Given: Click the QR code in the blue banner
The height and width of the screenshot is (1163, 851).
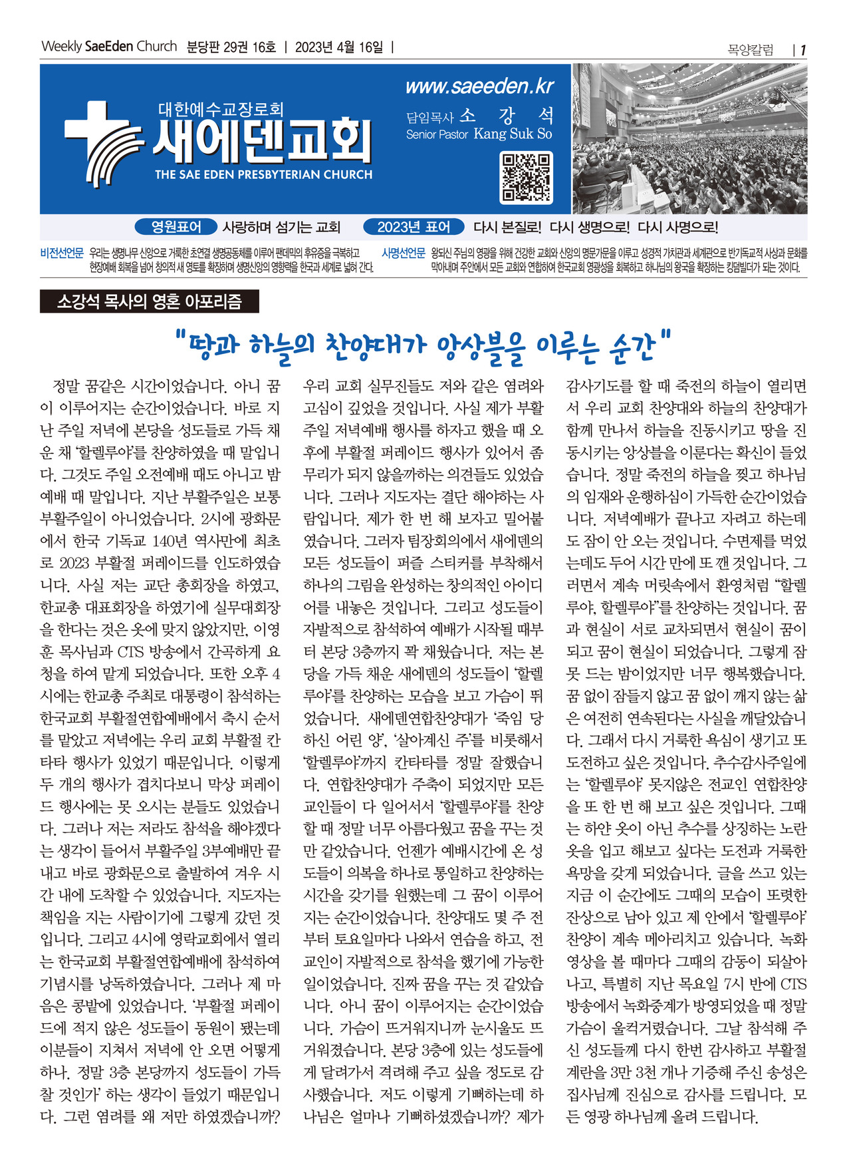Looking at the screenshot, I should [526, 178].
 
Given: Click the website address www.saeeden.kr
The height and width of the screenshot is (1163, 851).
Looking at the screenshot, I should [479, 86].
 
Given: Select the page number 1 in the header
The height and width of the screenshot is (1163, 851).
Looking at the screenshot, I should [803, 50].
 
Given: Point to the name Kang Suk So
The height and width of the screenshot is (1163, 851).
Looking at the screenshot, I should [513, 134].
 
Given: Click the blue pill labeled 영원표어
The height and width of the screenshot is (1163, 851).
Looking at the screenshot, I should [176, 227].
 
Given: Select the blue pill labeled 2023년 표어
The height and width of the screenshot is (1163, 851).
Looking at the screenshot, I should [413, 227].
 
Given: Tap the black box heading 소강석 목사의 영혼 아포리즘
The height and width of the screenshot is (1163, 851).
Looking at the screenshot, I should [149, 302].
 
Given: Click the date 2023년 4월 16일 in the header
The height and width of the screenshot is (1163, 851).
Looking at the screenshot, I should [339, 47].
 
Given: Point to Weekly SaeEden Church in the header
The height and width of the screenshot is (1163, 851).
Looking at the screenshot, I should [109, 47].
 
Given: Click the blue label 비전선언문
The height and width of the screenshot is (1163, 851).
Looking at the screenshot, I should [62, 253].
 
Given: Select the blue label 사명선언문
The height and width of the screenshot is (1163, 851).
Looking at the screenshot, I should [403, 253].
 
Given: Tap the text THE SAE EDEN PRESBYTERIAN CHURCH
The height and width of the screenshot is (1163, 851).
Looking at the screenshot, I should [263, 175].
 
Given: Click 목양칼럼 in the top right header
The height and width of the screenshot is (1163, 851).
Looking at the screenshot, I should [751, 50].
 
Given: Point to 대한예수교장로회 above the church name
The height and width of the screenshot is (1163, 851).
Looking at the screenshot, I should [221, 108].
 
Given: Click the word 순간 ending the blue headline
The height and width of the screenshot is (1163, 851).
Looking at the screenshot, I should [632, 345].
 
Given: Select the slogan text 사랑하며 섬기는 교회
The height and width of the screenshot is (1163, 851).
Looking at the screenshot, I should [281, 227].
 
